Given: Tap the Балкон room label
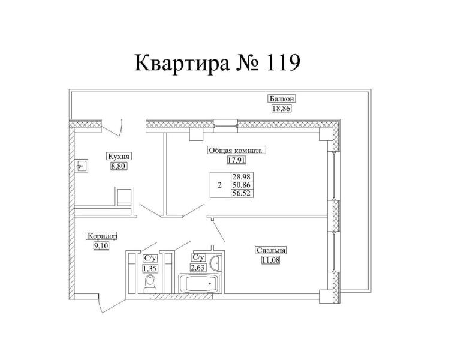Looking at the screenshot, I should click(282, 100).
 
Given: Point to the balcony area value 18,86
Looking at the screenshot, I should click(282, 109).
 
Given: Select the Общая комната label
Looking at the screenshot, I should click(236, 151).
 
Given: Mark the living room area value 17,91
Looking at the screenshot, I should click(236, 160).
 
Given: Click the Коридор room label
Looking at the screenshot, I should click(101, 236).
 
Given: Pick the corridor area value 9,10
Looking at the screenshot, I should click(101, 245).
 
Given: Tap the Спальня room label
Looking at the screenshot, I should click(271, 251).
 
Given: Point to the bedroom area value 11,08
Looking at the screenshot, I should click(271, 260).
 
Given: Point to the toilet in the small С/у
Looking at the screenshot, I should click(150, 282).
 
